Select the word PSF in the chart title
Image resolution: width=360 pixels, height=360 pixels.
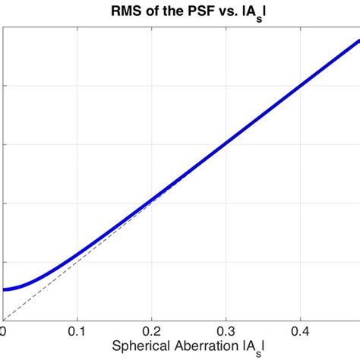point(178,11)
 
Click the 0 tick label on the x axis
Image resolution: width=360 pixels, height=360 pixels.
point(3,332)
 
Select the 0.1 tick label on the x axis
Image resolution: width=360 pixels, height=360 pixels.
point(77,332)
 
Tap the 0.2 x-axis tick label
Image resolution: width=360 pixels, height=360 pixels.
point(151,332)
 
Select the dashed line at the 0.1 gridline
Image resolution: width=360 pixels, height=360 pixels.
point(77,261)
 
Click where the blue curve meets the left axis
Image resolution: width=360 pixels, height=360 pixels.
point(4,289)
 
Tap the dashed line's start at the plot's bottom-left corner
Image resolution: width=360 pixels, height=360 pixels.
point(3,319)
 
